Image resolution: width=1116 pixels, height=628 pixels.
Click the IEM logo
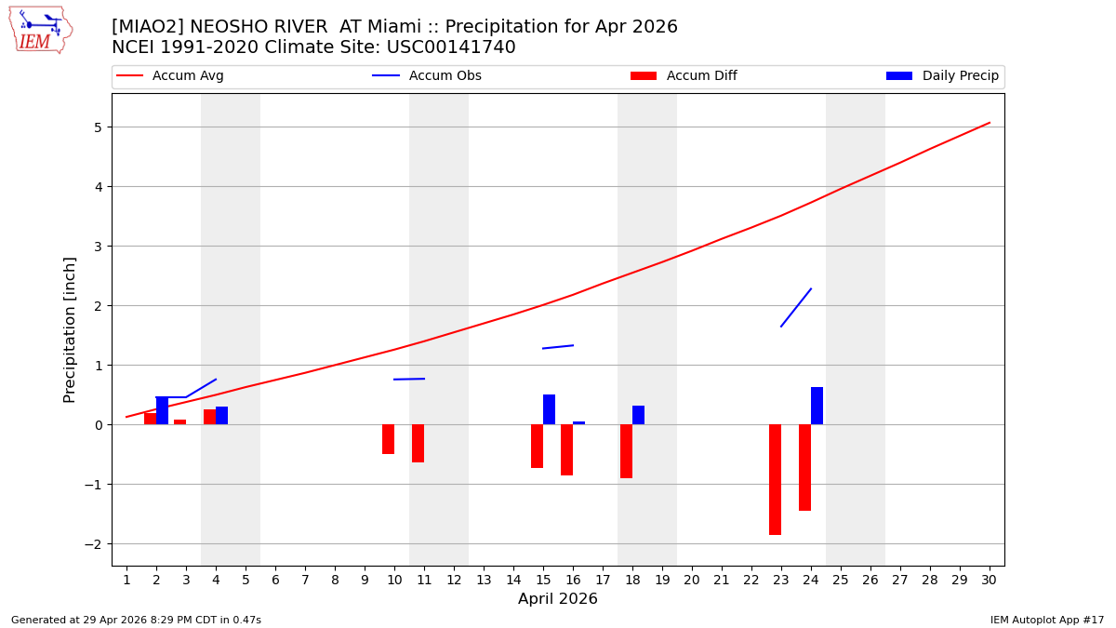pyautogui.click(x=41, y=30)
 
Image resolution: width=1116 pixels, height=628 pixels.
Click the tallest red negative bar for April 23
pyautogui.click(x=775, y=479)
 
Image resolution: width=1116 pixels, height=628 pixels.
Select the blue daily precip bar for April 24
pyautogui.click(x=817, y=406)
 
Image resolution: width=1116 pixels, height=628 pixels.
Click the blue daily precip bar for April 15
pyautogui.click(x=549, y=409)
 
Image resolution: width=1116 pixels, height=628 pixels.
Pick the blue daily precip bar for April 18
pyautogui.click(x=638, y=415)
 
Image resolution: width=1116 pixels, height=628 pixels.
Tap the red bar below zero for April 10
pyautogui.click(x=388, y=439)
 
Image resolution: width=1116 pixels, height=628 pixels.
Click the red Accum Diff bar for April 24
pyautogui.click(x=804, y=467)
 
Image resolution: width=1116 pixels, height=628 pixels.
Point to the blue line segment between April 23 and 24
pyautogui.click(x=796, y=307)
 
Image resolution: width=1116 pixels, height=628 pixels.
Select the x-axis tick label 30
pyautogui.click(x=989, y=581)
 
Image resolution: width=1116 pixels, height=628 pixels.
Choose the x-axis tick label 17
pyautogui.click(x=603, y=581)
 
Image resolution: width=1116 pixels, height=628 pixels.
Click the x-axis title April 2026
pyautogui.click(x=558, y=600)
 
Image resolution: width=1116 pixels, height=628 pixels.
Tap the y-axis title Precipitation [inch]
pyautogui.click(x=70, y=329)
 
